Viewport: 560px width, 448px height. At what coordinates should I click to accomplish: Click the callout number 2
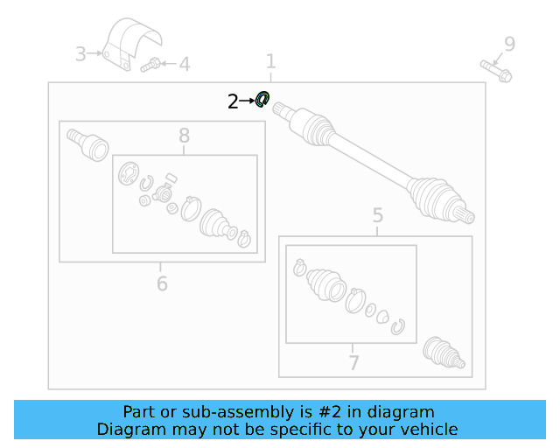pos(233,101)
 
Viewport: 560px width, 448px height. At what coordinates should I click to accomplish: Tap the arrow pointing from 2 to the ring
pos(247,101)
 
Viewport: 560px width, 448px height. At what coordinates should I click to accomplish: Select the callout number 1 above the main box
pos(271,61)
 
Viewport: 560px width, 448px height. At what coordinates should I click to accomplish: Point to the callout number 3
pos(80,54)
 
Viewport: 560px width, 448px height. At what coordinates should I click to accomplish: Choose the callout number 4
pos(185,64)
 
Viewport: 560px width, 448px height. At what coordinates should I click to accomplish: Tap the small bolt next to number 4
pos(150,65)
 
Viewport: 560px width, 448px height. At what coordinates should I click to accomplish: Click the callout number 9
pos(509,44)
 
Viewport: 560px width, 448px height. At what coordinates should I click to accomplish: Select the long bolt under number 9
pos(496,71)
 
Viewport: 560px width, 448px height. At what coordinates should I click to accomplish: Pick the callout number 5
pos(378,215)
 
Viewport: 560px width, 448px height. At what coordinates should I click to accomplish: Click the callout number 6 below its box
pos(162,283)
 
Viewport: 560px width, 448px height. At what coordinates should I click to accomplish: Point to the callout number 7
pos(353,362)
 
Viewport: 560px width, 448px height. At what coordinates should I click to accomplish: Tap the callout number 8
pos(185,136)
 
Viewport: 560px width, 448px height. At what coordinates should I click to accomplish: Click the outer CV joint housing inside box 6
pos(87,144)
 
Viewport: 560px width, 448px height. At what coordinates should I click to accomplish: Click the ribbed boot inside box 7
pos(326,284)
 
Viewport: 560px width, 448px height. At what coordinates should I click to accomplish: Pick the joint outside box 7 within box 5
pos(444,352)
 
